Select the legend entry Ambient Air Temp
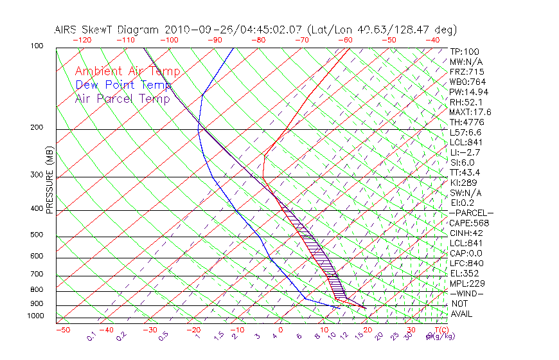click(x=127, y=71)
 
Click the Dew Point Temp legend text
click(x=123, y=85)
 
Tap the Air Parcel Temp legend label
click(x=122, y=98)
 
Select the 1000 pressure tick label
click(x=36, y=316)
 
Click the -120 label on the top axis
click(x=82, y=40)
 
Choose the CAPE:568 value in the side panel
click(x=469, y=223)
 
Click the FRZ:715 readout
click(x=466, y=71)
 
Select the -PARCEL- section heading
click(x=471, y=213)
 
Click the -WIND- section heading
click(x=466, y=293)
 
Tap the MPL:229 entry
click(x=467, y=283)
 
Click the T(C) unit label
click(x=440, y=330)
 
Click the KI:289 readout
click(x=464, y=183)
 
